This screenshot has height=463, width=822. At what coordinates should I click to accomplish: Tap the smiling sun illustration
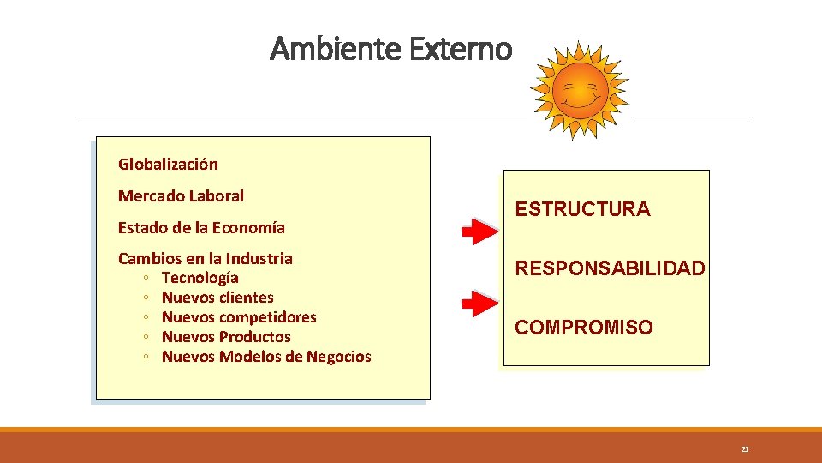[579, 89]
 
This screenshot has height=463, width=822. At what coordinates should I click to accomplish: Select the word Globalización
[168, 164]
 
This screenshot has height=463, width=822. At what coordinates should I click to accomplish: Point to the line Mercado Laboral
[181, 195]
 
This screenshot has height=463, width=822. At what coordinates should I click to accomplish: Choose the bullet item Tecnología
[200, 278]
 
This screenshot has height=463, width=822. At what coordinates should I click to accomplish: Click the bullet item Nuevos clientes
[217, 298]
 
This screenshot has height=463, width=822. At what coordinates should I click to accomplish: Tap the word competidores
[268, 317]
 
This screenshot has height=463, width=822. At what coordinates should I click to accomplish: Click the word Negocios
[338, 357]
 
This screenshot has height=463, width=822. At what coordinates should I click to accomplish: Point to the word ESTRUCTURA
[582, 209]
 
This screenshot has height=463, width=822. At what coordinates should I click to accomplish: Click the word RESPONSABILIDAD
[610, 268]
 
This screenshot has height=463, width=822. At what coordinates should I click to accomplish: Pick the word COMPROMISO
[583, 328]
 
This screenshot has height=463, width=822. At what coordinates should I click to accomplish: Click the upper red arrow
[479, 231]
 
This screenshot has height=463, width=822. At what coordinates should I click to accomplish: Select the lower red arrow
[479, 302]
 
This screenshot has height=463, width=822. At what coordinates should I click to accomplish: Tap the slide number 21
[744, 449]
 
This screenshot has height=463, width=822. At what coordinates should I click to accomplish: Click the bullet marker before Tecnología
[148, 278]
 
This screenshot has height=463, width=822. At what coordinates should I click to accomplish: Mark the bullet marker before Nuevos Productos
[148, 337]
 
